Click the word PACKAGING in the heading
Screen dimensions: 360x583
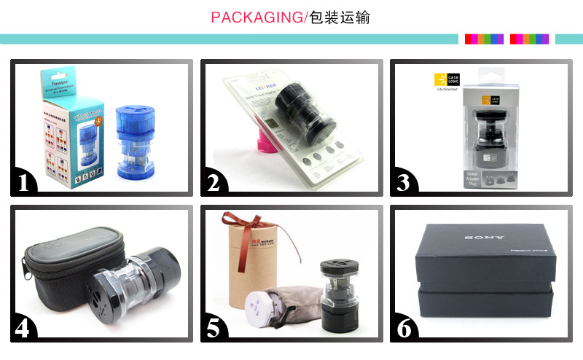click(x=256, y=17)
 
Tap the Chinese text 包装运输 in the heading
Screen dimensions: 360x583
click(x=340, y=17)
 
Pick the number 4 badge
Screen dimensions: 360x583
click(x=24, y=329)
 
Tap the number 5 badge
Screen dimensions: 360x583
click(x=214, y=329)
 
